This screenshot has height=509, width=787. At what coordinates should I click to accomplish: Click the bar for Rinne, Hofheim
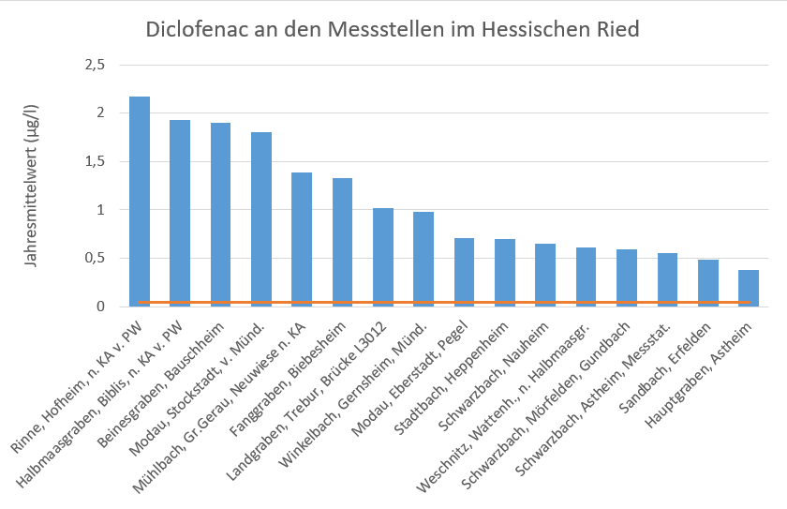[140, 202]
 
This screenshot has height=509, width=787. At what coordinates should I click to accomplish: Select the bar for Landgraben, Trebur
[383, 257]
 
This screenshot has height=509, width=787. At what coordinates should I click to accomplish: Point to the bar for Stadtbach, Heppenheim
[505, 273]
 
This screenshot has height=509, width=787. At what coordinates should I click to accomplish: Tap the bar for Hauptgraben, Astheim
[750, 288]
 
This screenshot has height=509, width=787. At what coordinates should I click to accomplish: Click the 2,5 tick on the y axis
[94, 65]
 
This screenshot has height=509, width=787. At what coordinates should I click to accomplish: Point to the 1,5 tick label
[94, 161]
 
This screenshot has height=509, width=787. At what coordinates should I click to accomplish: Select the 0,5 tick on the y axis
[94, 259]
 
